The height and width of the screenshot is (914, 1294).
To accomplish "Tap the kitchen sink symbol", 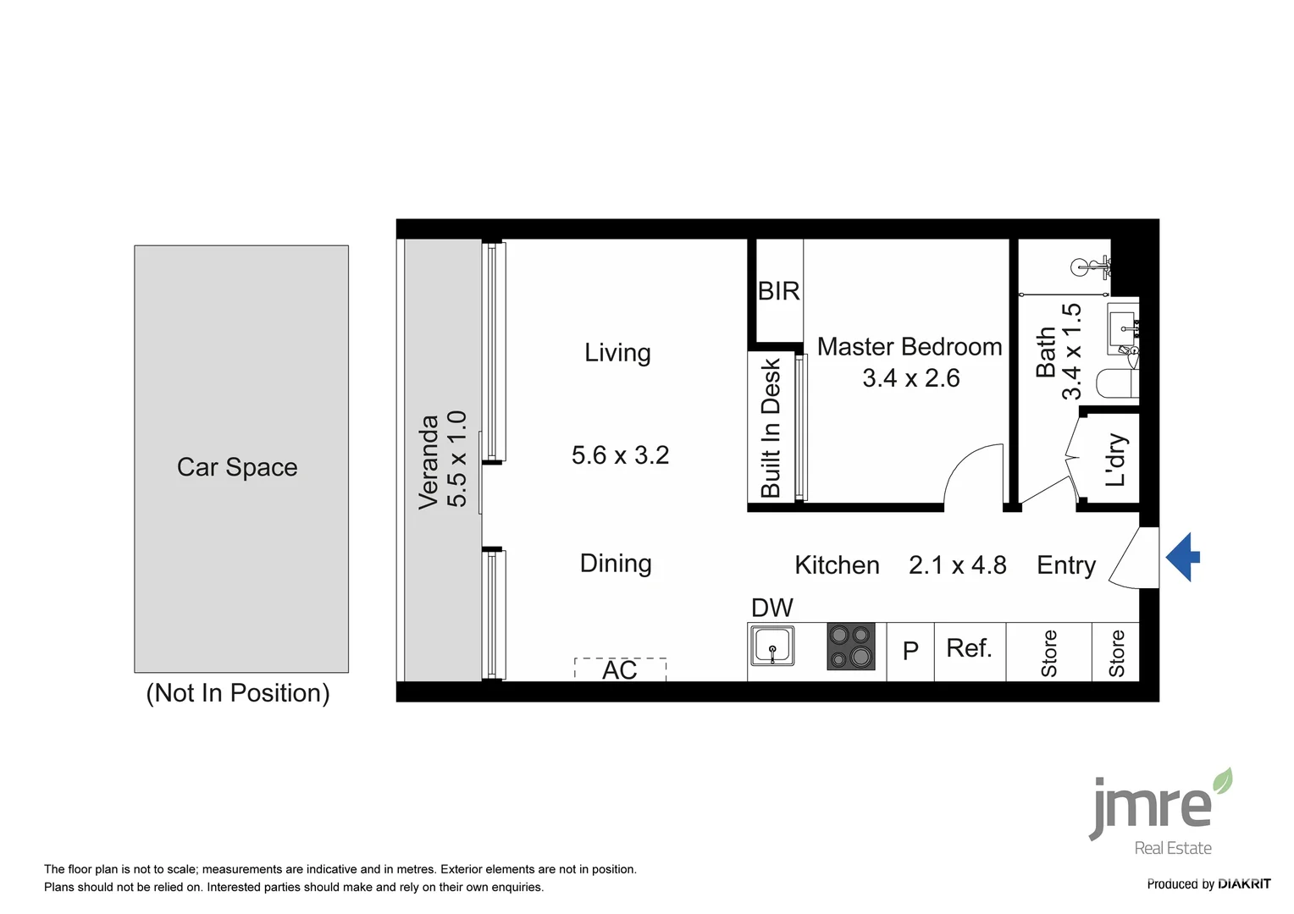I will [772, 647].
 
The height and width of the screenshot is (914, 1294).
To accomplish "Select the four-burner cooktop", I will [850, 647].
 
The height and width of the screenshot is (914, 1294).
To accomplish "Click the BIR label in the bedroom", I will [778, 291].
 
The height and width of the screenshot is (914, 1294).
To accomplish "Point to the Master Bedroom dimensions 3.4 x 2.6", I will [910, 378].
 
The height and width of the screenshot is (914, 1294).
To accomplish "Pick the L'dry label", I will [1116, 460].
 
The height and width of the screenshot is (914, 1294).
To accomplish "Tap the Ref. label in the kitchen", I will [969, 648].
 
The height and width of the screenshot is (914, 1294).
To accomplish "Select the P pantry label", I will [910, 651].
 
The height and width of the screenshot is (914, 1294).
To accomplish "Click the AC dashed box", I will [620, 669].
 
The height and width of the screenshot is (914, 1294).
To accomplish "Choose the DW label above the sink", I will [771, 608].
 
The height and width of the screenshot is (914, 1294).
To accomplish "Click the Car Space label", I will [237, 467].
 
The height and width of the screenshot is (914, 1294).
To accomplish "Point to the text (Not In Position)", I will [238, 693].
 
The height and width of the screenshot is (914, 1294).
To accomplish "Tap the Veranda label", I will [429, 461].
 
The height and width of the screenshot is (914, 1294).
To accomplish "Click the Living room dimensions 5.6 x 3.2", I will [620, 455].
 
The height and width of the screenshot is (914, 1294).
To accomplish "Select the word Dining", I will [616, 564].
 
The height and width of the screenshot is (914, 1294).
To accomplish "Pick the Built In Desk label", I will [771, 427].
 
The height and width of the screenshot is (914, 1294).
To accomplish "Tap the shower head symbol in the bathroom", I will [1087, 267].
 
